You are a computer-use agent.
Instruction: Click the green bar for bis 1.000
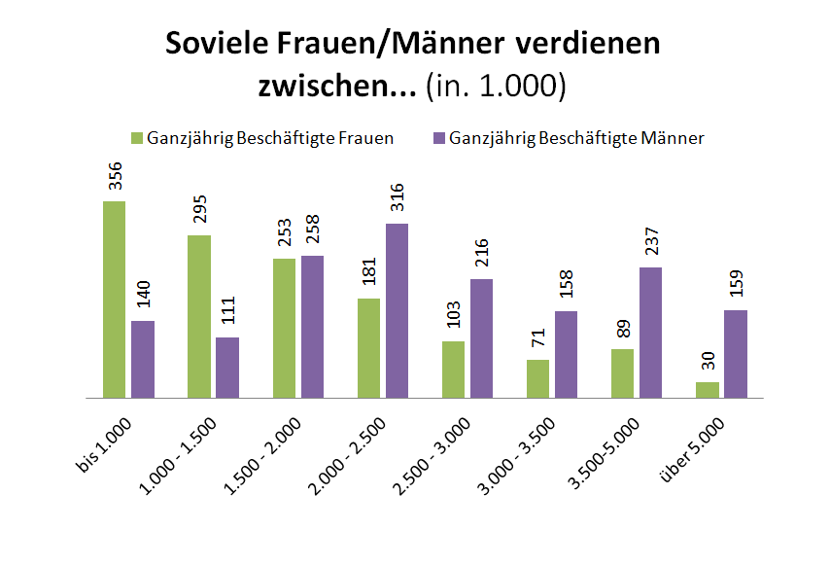tap(115, 300)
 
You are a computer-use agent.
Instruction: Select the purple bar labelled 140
tap(143, 359)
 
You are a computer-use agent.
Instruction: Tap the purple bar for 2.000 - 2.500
tap(397, 310)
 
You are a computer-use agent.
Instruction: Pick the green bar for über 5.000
tap(708, 390)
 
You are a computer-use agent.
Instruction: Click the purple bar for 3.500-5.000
tap(650, 333)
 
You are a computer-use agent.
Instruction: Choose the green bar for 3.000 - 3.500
tap(538, 378)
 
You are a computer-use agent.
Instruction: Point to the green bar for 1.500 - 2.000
tap(285, 328)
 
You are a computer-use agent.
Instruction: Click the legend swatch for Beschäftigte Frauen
tap(137, 138)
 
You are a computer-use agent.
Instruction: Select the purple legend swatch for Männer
tap(438, 138)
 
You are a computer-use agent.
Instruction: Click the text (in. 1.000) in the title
tap(496, 86)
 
